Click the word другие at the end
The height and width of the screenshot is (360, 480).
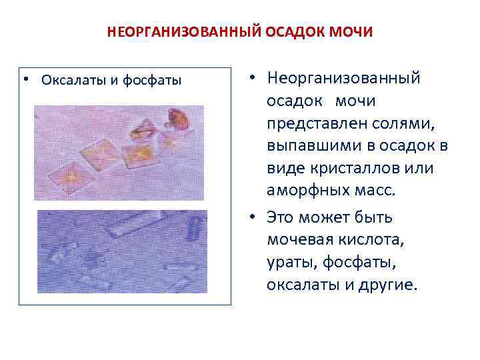387,285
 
